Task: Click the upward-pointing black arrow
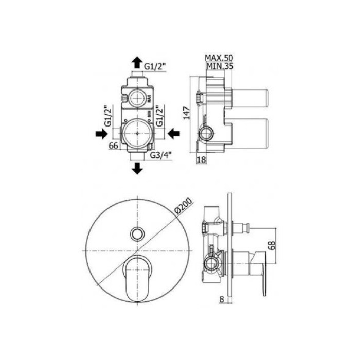(137, 63)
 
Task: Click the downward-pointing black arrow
(137, 167)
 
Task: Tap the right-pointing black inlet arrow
(99, 133)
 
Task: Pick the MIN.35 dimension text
(219, 66)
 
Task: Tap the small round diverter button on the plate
(137, 233)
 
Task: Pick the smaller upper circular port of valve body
(137, 97)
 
